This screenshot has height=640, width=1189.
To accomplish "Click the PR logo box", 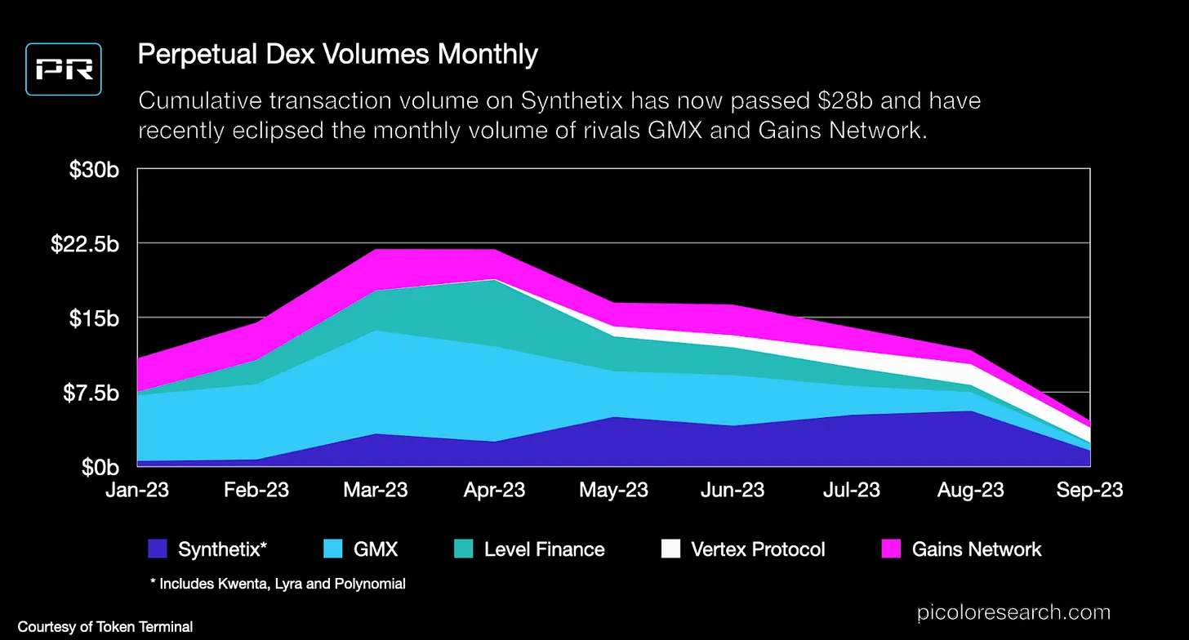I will pos(63,69).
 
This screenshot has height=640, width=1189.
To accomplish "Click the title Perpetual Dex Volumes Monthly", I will pos(337,55).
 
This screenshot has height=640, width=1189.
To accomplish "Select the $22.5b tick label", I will pos(86,243).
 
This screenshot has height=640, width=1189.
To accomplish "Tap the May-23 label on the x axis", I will pos(613,490).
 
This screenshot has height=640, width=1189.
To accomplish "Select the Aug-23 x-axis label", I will pos(969,490).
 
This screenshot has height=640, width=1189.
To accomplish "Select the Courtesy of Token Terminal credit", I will pos(105,627).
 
